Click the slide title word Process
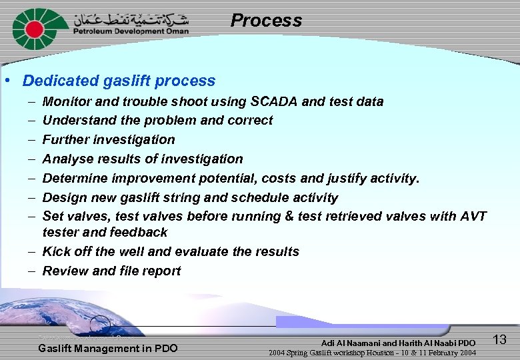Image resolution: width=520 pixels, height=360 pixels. click(266, 21)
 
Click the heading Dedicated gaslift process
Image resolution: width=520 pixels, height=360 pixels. click(119, 81)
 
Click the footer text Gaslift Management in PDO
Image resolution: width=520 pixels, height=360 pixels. click(108, 348)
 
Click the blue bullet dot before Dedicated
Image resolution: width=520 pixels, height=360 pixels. click(7, 81)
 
